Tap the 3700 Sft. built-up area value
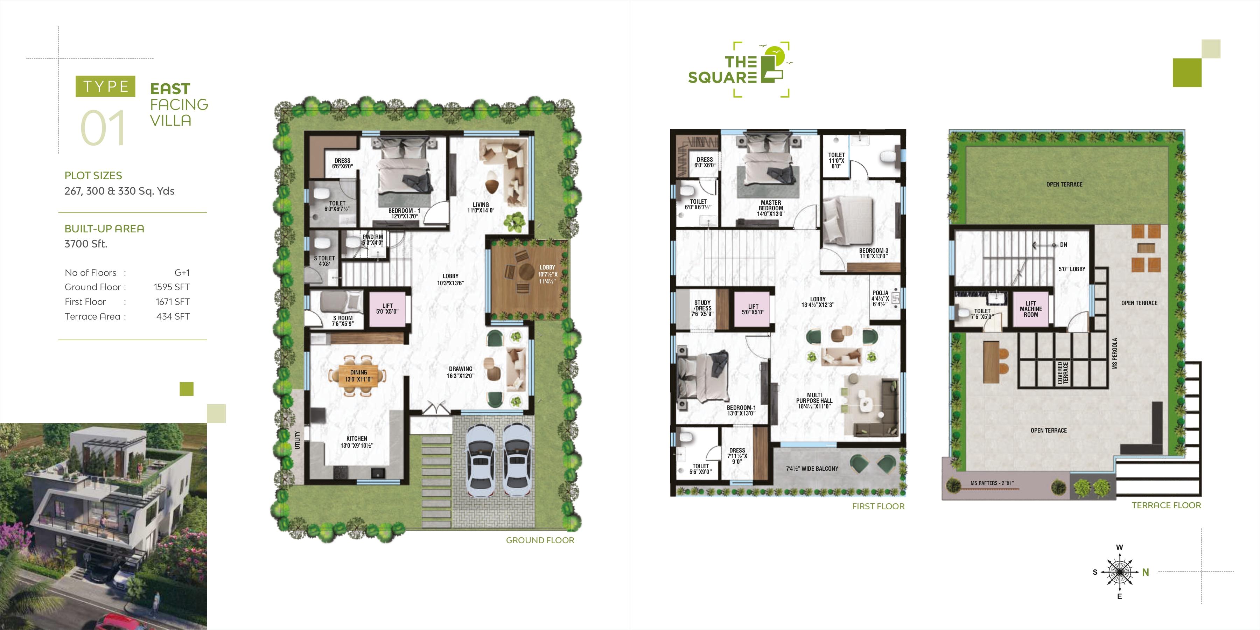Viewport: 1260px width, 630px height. (x=86, y=244)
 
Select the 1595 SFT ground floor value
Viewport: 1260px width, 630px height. (x=172, y=287)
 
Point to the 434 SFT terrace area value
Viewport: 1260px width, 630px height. (x=173, y=316)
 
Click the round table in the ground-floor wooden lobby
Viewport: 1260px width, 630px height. (x=526, y=271)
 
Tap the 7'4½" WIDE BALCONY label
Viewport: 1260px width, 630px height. (x=812, y=469)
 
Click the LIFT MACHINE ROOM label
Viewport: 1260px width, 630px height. (x=1031, y=309)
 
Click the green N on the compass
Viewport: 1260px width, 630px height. (x=1146, y=572)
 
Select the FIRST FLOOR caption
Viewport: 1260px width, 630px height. (x=878, y=506)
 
